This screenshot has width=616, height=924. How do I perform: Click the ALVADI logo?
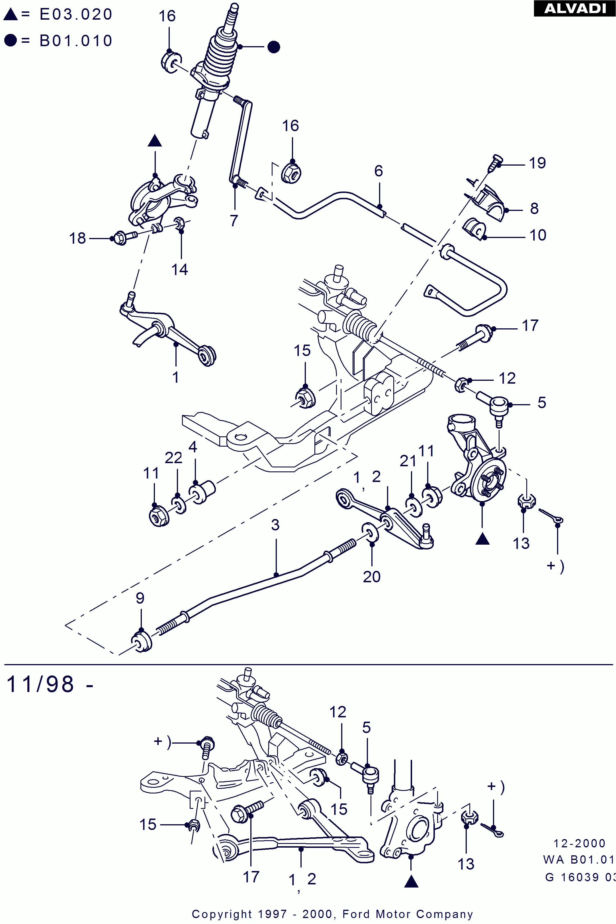575,8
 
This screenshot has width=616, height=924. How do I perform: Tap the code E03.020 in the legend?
76,14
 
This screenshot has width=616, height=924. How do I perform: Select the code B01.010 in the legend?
76,40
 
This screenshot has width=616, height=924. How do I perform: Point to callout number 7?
234,221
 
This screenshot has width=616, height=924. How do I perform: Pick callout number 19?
537,163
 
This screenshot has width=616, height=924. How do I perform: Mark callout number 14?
179,269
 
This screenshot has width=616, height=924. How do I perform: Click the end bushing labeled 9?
142,642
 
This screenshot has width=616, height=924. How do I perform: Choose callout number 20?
372,577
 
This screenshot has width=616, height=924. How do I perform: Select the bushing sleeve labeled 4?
202,491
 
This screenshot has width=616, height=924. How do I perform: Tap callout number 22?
173,458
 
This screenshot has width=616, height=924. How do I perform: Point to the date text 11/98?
40,684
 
